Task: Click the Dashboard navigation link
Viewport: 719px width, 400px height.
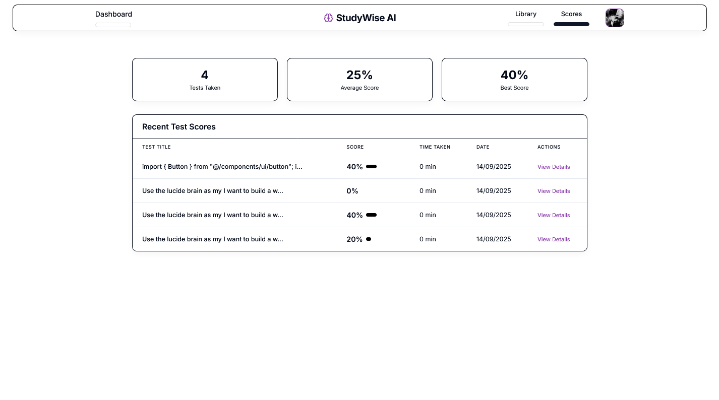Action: (x=113, y=14)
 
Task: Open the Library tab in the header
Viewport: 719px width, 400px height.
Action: (x=525, y=14)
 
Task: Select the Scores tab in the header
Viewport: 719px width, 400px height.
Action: (x=571, y=14)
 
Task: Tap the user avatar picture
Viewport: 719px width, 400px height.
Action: (x=615, y=18)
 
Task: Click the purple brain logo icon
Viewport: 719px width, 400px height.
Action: (x=328, y=18)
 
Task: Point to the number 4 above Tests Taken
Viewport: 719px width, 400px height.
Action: (x=205, y=75)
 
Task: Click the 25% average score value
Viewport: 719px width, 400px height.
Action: (x=359, y=75)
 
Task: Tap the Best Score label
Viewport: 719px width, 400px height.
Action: (x=514, y=88)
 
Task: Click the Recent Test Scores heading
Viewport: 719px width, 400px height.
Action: (x=179, y=127)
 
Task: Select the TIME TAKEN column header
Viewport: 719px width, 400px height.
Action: (x=435, y=147)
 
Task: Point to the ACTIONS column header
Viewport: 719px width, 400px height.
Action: (x=549, y=147)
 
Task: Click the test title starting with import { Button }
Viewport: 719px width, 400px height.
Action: (x=222, y=167)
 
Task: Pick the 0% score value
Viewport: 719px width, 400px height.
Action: (x=352, y=191)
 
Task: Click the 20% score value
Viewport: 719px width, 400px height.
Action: (x=354, y=239)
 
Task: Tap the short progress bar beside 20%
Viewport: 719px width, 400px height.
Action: (x=369, y=239)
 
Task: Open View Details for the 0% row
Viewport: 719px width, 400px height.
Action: (x=554, y=191)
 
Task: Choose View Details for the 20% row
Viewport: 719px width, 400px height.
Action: (x=554, y=239)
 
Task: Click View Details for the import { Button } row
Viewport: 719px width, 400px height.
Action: (x=554, y=167)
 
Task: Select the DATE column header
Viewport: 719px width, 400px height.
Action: (x=483, y=147)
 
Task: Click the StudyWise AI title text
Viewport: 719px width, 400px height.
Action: (x=366, y=18)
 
